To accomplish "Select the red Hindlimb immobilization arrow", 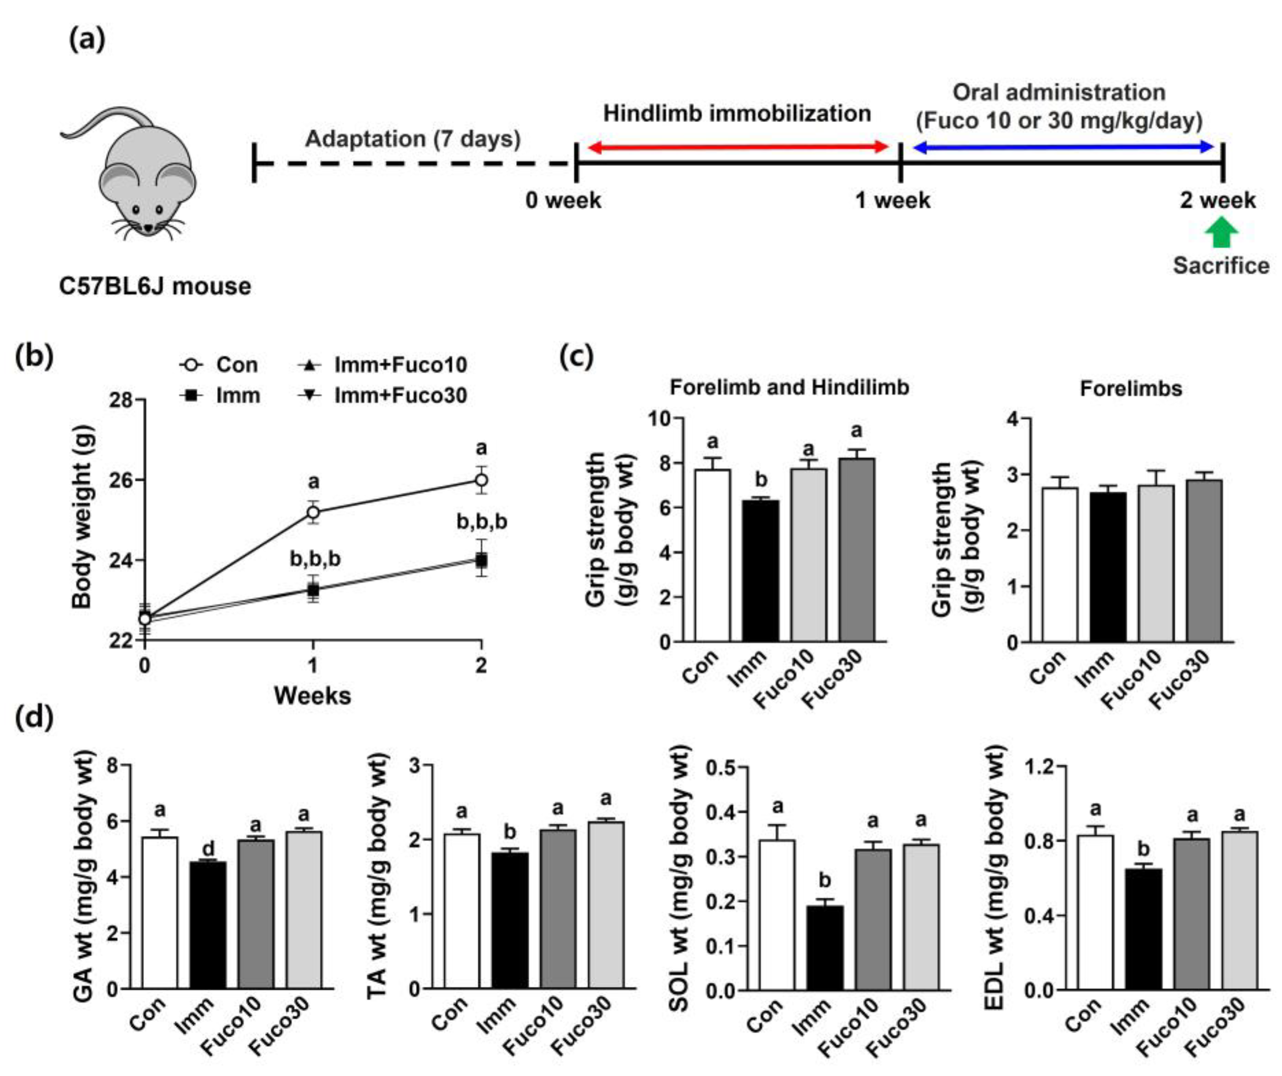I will tap(738, 147).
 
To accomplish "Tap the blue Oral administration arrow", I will tap(1063, 147).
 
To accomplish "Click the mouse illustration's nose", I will tap(149, 229).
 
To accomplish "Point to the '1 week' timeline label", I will tap(893, 200).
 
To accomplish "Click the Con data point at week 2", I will tap(481, 480).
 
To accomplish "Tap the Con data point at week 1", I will tap(313, 512).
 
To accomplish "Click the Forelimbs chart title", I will tap(1131, 389).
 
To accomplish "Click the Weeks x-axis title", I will tap(312, 696).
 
